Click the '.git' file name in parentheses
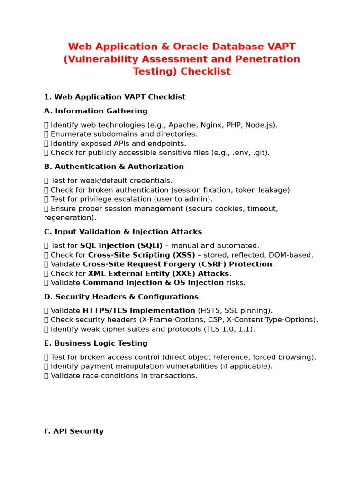pos(259,153)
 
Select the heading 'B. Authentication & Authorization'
pos(114,167)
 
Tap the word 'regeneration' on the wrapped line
pos(69,218)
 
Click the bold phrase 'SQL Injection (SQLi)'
pos(121,246)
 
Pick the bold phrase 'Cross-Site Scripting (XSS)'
pos(142,255)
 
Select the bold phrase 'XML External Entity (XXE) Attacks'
pos(158,273)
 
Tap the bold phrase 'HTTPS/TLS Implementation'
pos(139,310)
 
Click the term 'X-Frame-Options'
pos(169,320)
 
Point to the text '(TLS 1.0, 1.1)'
pos(229,329)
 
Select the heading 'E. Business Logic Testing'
pos(96,343)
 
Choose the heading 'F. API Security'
pos(74,431)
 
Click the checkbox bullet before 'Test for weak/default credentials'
pos(46,181)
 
